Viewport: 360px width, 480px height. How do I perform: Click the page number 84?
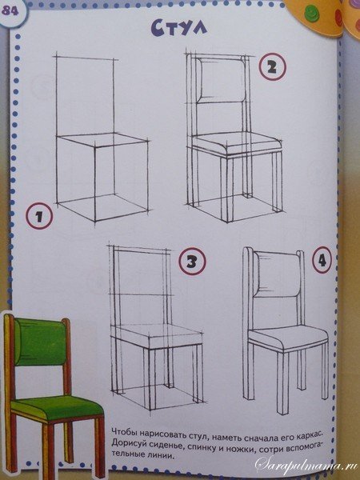pos(10,11)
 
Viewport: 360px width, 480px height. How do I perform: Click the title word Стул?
pos(179,27)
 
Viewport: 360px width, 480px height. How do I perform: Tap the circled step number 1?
pos(39,217)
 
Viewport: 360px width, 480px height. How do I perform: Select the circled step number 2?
pos(272,67)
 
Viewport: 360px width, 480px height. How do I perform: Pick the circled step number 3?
pos(192,261)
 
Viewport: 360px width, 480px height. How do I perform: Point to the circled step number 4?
pos(322,260)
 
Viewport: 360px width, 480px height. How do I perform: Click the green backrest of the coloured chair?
pos(40,342)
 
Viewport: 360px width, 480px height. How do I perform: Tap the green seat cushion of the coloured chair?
pos(57,408)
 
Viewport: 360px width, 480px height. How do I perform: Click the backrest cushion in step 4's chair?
pos(278,274)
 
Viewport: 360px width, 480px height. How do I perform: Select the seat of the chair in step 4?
pos(288,338)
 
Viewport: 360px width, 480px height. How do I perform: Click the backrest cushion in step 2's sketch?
pos(222,80)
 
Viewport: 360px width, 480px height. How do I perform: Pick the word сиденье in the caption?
pos(161,443)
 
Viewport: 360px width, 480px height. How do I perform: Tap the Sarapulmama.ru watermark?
pos(307,466)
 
